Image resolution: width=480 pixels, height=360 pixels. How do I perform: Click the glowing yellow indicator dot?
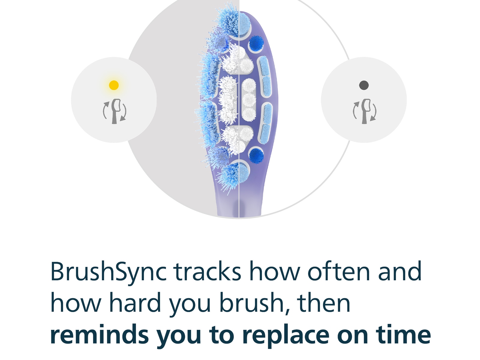[114, 85]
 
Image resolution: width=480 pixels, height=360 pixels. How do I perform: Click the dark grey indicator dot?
[364, 85]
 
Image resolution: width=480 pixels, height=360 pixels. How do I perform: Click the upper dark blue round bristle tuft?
[256, 43]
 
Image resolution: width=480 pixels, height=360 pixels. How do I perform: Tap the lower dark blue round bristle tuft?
[256, 155]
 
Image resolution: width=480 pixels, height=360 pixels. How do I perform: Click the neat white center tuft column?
[249, 100]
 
